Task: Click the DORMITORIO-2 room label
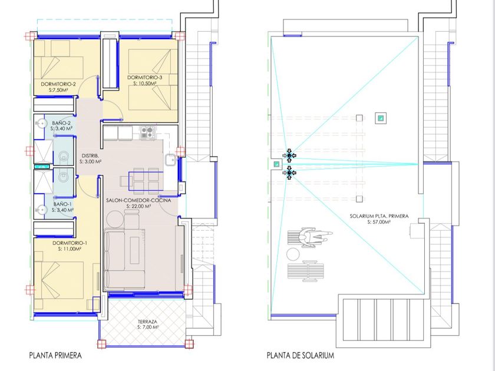pyautogui.click(x=58, y=84)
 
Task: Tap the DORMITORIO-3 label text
pyautogui.click(x=145, y=77)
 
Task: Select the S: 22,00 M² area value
pyautogui.click(x=138, y=206)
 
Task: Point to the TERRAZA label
pyautogui.click(x=147, y=322)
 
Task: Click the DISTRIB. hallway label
pyautogui.click(x=90, y=156)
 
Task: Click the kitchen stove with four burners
pyautogui.click(x=148, y=132)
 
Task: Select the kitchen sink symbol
pyautogui.click(x=171, y=160)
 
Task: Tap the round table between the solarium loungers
pyautogui.click(x=293, y=254)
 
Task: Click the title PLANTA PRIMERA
pyautogui.click(x=55, y=356)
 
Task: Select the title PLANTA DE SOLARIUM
pyautogui.click(x=301, y=356)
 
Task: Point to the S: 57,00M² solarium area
pyautogui.click(x=379, y=222)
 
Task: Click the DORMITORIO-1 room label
pyautogui.click(x=70, y=243)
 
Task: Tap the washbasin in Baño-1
pyautogui.click(x=41, y=210)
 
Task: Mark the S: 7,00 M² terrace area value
pyautogui.click(x=148, y=327)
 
